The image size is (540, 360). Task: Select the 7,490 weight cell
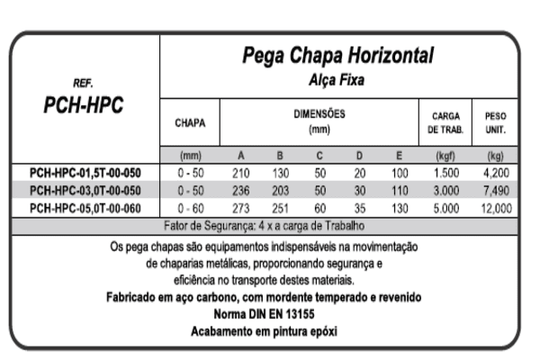click(495, 189)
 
